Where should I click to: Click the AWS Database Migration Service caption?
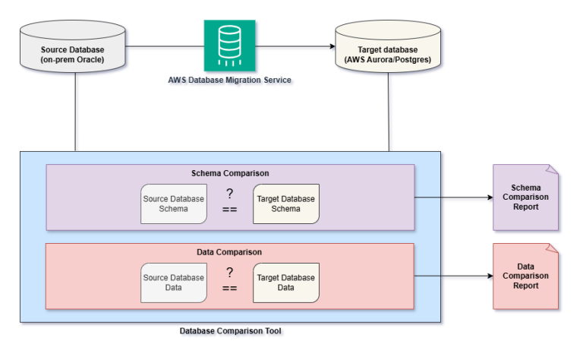point(229,80)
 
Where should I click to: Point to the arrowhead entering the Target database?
point(332,46)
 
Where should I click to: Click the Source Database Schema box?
point(174,204)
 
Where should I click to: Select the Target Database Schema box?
point(286,204)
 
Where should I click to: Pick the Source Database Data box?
point(174,283)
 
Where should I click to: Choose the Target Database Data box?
point(286,283)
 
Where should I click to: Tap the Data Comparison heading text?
point(230,251)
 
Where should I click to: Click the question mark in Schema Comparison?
point(229,194)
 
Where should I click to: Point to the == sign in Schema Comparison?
point(229,211)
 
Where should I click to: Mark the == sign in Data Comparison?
point(229,289)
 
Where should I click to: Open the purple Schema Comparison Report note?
point(525,197)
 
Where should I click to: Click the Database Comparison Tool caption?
point(230,331)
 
